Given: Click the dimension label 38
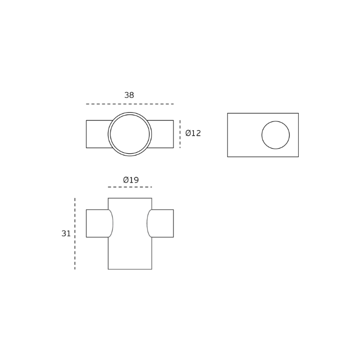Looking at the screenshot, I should click(x=129, y=95).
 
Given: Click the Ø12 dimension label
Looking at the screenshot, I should click(x=193, y=133).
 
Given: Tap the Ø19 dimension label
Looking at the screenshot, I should click(x=131, y=180).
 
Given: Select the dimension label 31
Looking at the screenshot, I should click(x=66, y=233).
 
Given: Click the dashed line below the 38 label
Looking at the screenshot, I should click(x=130, y=104).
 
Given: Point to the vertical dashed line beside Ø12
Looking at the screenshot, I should click(x=180, y=134).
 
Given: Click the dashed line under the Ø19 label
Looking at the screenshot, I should click(x=130, y=187).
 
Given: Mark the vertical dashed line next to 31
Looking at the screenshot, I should click(x=75, y=233).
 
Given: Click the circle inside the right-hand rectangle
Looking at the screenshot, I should click(x=276, y=135).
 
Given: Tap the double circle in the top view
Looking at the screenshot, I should click(x=130, y=134).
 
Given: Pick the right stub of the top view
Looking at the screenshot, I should click(x=162, y=134).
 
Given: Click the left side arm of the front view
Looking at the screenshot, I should click(x=97, y=223).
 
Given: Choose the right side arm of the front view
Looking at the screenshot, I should click(x=163, y=223).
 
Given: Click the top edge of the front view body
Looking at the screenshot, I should click(x=130, y=198).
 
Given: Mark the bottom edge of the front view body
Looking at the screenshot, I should click(x=130, y=269).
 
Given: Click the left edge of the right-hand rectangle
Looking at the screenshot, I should click(x=227, y=135).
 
